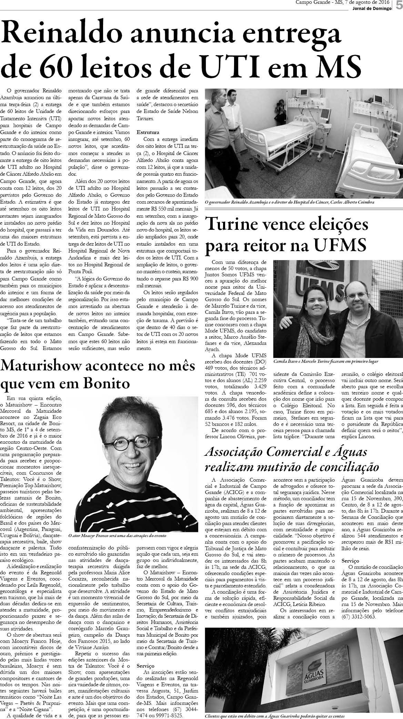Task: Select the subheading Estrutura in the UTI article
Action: coord(148,132)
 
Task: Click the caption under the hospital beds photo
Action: coord(289,203)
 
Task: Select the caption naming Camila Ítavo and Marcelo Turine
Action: coord(326,362)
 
